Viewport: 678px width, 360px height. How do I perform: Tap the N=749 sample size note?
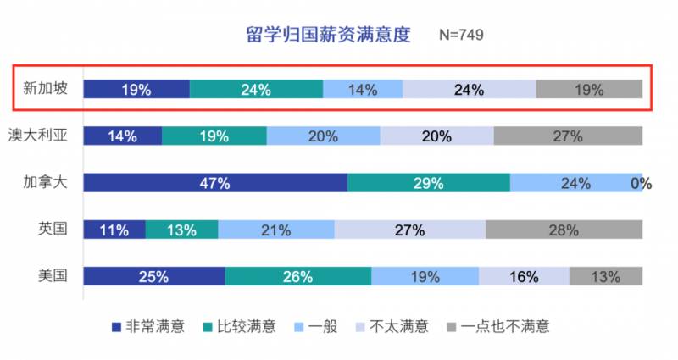(x=461, y=36)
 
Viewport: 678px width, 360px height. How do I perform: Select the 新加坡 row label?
(x=42, y=88)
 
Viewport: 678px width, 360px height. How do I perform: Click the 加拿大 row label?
(x=42, y=182)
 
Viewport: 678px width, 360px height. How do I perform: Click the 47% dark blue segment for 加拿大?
(x=215, y=183)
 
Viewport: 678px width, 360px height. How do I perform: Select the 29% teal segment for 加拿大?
(x=428, y=183)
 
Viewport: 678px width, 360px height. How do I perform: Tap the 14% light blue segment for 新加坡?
(x=363, y=89)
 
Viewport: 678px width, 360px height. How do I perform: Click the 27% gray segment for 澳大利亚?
(x=568, y=136)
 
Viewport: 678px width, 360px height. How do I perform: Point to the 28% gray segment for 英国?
(x=564, y=230)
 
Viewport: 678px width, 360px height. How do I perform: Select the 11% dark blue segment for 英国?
(x=114, y=230)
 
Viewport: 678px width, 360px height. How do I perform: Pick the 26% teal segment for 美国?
(x=298, y=276)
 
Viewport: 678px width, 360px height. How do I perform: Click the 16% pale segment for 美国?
(x=524, y=276)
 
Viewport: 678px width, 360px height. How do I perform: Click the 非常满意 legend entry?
(x=148, y=325)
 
